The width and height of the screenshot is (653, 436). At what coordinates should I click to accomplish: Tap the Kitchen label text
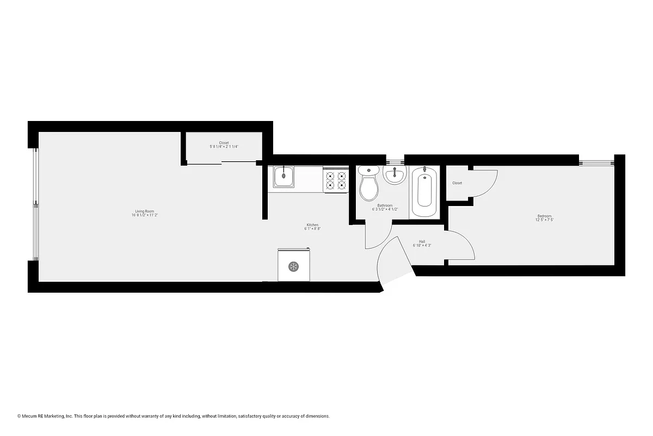pyautogui.click(x=312, y=225)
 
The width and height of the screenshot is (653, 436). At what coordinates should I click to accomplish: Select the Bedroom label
pyautogui.click(x=545, y=216)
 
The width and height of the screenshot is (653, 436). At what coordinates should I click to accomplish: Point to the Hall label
pyautogui.click(x=422, y=241)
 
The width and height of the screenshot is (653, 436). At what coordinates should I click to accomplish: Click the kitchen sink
pyautogui.click(x=284, y=177)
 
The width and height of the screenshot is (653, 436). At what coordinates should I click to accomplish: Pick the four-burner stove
pyautogui.click(x=336, y=181)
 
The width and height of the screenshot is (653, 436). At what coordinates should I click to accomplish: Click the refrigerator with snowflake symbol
pyautogui.click(x=293, y=265)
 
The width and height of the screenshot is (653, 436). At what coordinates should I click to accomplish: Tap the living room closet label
pyautogui.click(x=224, y=143)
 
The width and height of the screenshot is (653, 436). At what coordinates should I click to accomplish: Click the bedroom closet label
pyautogui.click(x=457, y=183)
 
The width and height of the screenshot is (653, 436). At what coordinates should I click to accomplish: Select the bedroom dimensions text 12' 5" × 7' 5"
pyautogui.click(x=545, y=220)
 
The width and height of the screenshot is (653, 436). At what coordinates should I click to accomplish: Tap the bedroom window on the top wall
pyautogui.click(x=596, y=162)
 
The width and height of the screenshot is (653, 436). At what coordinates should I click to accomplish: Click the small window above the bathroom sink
pyautogui.click(x=395, y=161)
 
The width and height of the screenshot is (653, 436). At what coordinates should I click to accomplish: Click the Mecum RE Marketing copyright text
pyautogui.click(x=174, y=416)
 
